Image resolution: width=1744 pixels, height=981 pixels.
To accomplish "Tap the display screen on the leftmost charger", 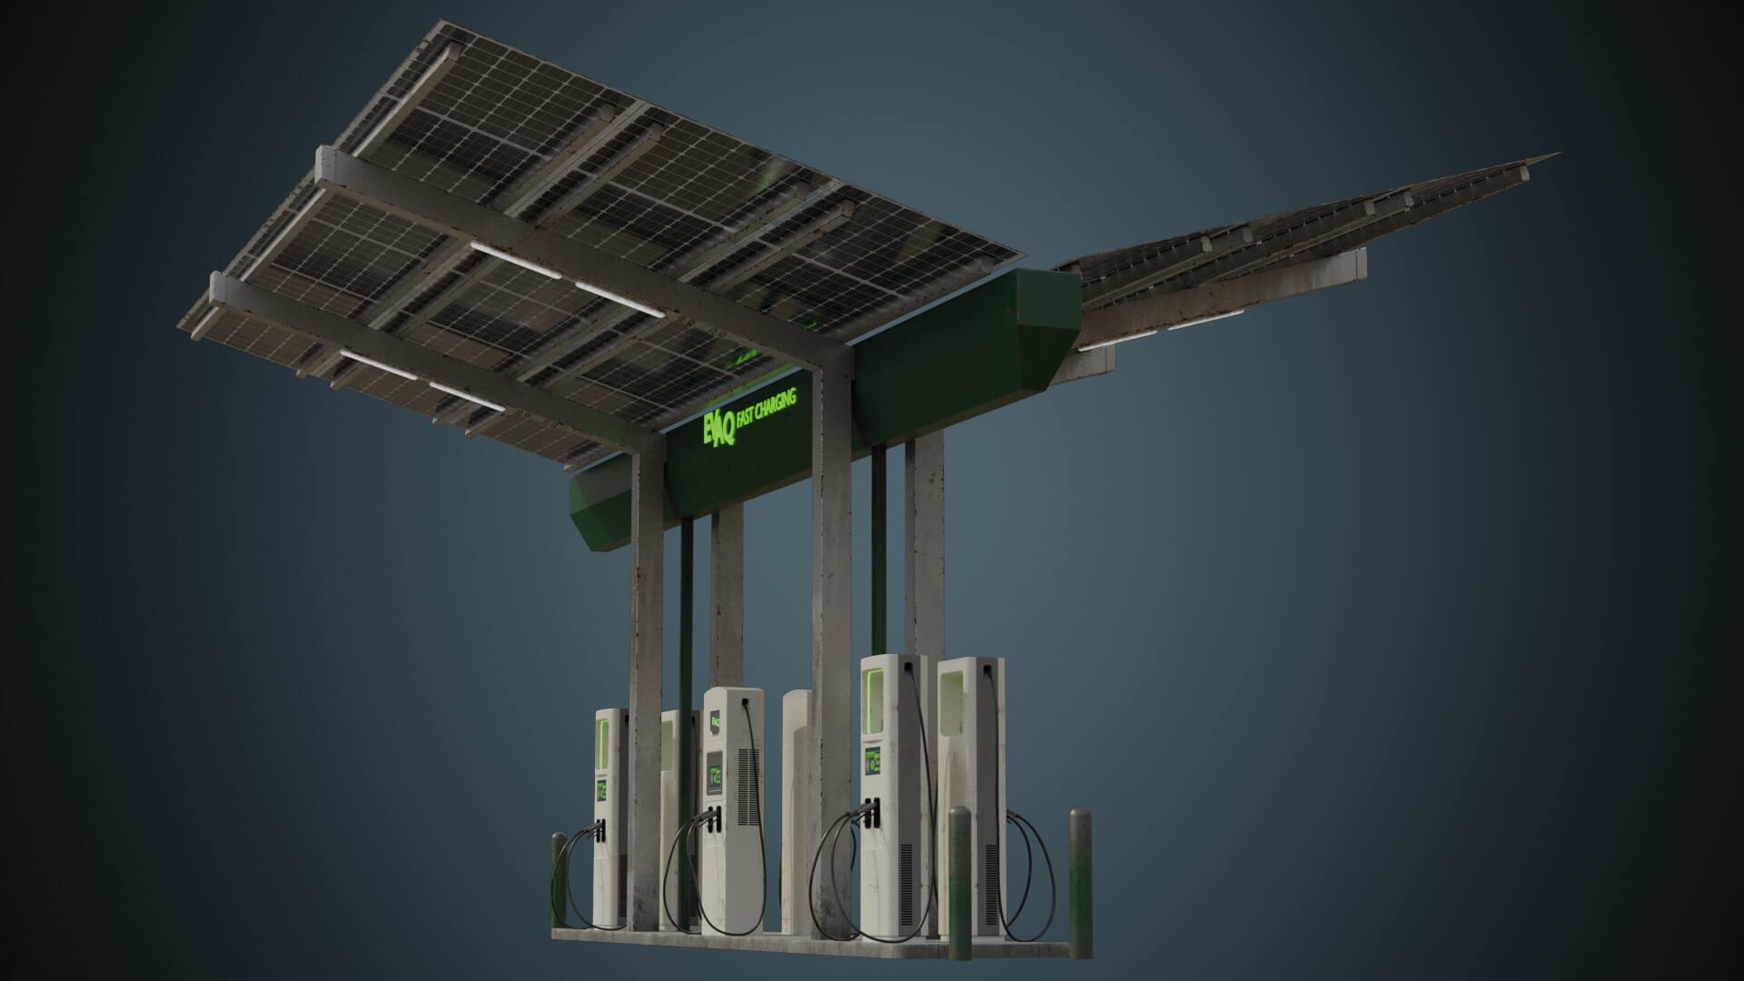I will pos(601,789).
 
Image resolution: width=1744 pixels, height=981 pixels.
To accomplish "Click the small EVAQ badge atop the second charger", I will pos(716,724).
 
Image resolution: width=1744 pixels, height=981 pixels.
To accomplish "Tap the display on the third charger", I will pos(874,759).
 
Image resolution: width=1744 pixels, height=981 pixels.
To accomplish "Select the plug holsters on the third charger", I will pos(874,811).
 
